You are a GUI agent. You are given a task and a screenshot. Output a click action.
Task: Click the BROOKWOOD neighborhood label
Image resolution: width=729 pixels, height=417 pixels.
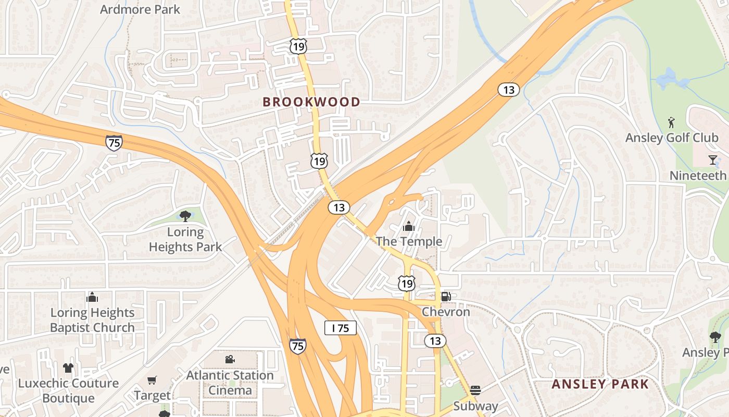(x=311, y=102)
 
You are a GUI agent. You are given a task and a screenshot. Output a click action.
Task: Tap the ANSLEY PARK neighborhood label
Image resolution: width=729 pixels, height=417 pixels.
(x=600, y=385)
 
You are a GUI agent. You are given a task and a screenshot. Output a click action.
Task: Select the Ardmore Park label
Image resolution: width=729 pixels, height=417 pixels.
(x=140, y=9)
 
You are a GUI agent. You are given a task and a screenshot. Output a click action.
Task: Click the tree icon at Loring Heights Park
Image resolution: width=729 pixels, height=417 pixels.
(x=185, y=216)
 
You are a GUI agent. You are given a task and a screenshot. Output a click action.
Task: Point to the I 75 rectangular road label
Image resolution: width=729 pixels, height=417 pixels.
(x=340, y=328)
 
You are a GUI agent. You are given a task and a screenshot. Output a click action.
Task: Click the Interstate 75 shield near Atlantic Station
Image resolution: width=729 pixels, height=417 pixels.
(x=298, y=346)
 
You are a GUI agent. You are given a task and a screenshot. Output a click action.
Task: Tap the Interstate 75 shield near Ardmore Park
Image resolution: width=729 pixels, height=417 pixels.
(x=114, y=143)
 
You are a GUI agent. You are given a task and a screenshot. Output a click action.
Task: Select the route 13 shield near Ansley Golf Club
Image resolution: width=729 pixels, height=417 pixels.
(x=508, y=90)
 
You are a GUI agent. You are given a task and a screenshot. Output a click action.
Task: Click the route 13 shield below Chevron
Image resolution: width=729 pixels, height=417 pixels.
(x=435, y=341)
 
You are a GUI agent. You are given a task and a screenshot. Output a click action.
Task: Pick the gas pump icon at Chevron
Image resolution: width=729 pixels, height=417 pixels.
(x=446, y=297)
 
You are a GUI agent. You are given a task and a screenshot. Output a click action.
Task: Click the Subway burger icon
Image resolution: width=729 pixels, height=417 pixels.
(x=475, y=390)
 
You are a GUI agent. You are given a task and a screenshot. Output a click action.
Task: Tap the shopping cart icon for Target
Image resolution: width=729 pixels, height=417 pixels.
(x=152, y=381)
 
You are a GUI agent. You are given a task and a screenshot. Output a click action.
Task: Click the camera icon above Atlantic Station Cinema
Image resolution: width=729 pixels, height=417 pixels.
(x=230, y=360)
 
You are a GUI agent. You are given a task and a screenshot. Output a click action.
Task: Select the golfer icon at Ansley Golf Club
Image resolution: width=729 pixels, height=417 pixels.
(x=671, y=122)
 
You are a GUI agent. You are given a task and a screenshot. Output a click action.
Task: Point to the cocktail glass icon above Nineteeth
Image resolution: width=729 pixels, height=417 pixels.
(x=713, y=160)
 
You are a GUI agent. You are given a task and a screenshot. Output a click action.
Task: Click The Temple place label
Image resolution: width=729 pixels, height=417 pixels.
(x=409, y=241)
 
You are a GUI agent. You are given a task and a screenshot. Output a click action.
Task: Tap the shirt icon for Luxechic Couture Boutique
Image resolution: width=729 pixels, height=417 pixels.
(x=68, y=368)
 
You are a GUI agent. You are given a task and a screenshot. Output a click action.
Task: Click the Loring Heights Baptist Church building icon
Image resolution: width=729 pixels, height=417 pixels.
(x=92, y=297)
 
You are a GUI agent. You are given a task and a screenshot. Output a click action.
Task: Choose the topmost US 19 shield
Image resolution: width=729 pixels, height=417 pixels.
(x=298, y=46)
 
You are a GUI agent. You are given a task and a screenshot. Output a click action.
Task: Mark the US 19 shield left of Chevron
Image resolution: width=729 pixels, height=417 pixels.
(x=407, y=284)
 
